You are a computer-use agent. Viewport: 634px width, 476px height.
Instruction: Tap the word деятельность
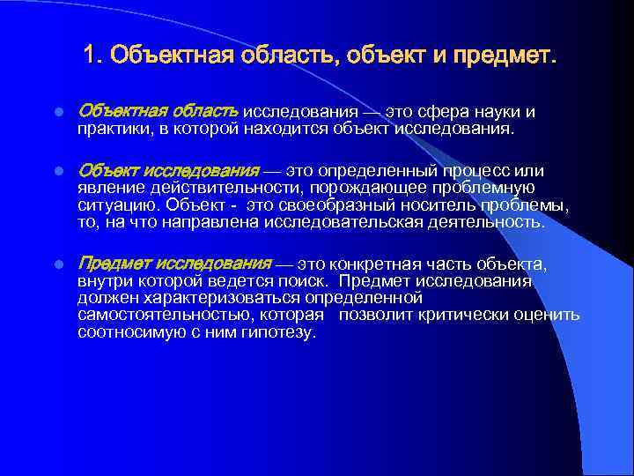pyautogui.click(x=492, y=221)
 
